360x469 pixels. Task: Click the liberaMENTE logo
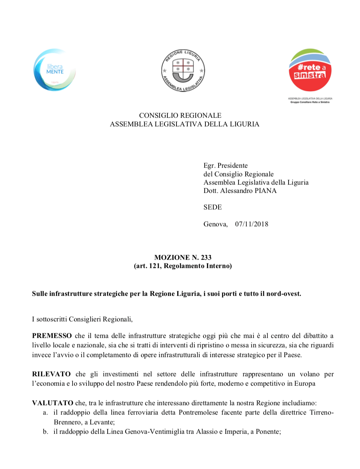pos(55,70)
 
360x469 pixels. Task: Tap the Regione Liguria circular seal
pos(183,71)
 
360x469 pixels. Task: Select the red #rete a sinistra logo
pos(310,70)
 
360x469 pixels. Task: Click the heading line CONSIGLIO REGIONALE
pos(180,115)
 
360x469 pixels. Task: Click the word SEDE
pos(213,207)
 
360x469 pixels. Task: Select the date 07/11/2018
pos(252,224)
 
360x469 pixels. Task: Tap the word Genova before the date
pos(215,224)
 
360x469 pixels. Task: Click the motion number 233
pos(206,257)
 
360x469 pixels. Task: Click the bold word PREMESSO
pos(52,336)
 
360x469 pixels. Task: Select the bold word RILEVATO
pos(51,374)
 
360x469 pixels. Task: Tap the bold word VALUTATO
pos(53,403)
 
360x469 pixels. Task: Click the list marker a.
pos(45,413)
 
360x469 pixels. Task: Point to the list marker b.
pos(46,431)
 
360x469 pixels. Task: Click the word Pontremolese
pos(198,412)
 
